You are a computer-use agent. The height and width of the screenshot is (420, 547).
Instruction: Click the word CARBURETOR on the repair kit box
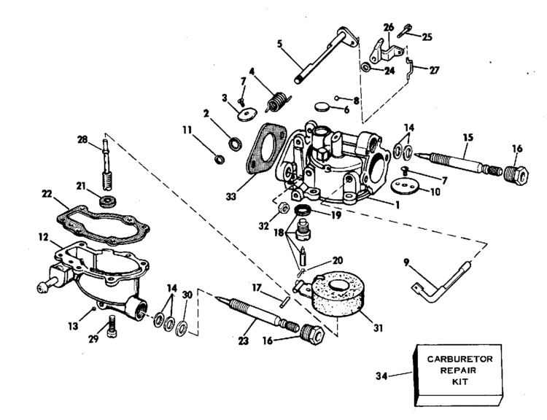pos(459,359)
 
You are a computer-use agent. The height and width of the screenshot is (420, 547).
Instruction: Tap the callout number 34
pos(381,376)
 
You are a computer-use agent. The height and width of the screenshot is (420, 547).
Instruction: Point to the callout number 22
pos(47,194)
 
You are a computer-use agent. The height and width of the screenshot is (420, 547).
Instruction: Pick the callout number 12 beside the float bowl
pos(43,237)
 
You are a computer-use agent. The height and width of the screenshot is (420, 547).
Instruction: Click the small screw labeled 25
pos(404,31)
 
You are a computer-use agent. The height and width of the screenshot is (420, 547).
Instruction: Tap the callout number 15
pos(468,137)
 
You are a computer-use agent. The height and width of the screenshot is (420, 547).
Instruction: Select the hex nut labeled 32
pos(284,209)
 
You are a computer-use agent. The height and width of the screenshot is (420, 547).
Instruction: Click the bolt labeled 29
pos(112,326)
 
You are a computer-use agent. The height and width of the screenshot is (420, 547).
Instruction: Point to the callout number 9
pos(406,262)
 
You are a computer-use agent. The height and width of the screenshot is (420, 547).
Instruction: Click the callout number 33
pos(231,197)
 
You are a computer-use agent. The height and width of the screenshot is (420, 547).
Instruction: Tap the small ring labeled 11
pos(219,160)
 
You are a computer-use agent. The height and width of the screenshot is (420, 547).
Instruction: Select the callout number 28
pos(82,140)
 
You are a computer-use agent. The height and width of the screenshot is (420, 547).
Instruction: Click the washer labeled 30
pos(182,328)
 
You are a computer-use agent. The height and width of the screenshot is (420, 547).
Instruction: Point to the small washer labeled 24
pos(365,66)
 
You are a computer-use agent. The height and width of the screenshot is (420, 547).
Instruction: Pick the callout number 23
pos(244,341)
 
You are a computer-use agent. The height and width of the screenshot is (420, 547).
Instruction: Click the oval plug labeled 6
pos(322,106)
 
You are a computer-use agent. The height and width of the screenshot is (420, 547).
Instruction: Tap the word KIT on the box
pos(459,381)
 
